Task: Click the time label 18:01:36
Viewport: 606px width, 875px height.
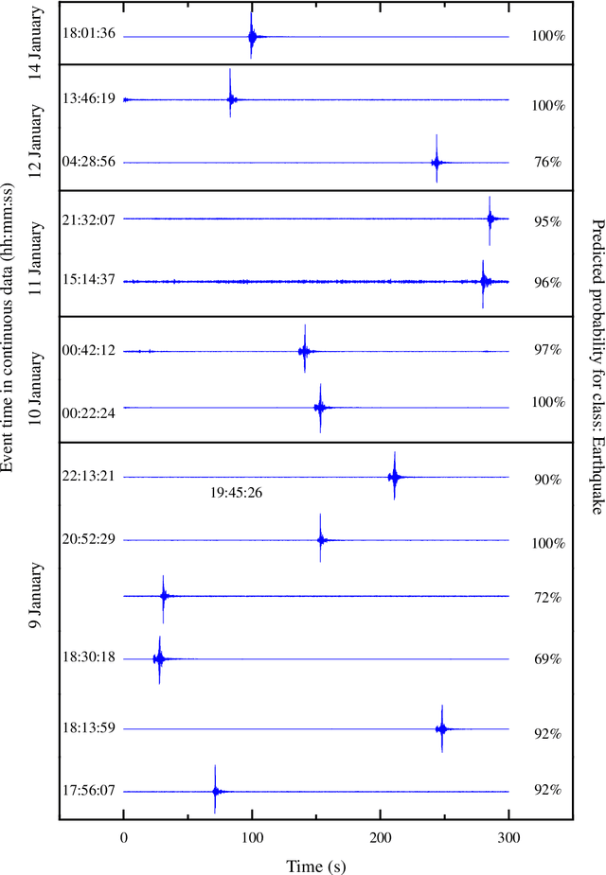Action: click(89, 34)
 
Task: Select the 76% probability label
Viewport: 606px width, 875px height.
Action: click(548, 162)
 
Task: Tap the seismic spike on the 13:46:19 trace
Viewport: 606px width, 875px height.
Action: click(230, 98)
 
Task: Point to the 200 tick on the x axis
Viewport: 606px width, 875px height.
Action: click(381, 837)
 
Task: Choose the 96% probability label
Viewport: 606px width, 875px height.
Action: click(548, 283)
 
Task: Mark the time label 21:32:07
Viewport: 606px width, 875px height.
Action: click(89, 219)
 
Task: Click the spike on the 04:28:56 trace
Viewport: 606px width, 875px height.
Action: click(437, 163)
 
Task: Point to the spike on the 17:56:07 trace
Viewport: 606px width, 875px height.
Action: click(216, 791)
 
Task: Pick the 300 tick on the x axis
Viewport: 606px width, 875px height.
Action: click(509, 837)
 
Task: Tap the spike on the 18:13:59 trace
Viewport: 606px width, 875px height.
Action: click(442, 728)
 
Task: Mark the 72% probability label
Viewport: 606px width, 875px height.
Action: click(548, 598)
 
